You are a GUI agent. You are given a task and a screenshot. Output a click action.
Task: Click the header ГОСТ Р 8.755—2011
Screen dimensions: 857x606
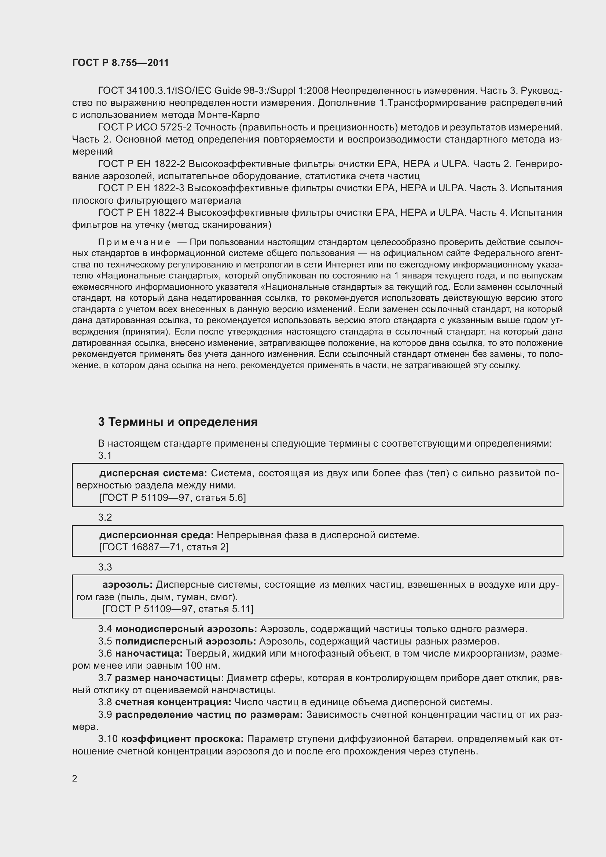(120, 63)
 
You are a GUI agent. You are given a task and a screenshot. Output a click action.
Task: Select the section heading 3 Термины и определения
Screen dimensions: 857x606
(178, 422)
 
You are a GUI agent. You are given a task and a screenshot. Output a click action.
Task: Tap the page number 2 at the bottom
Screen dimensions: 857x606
(75, 778)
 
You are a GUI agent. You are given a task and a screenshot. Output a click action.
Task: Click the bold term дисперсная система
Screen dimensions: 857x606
(153, 473)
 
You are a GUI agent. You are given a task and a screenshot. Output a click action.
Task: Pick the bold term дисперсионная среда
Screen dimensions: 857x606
(156, 535)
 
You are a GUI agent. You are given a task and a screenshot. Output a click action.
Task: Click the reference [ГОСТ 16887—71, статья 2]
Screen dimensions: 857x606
(164, 547)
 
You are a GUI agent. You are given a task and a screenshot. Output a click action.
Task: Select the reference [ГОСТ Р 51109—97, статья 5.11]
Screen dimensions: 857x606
(178, 609)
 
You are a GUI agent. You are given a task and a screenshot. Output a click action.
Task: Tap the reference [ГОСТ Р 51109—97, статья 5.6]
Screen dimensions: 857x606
(173, 498)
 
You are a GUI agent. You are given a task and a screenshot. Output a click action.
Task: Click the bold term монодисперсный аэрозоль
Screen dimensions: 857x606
(186, 629)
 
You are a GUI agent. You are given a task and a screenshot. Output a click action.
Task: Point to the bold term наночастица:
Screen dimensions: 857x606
(148, 654)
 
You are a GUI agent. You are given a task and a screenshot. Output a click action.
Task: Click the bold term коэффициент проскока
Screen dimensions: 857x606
(182, 739)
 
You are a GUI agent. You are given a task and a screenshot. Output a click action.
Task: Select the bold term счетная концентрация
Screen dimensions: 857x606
(173, 702)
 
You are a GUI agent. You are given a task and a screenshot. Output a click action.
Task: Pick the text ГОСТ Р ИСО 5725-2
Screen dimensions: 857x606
(145, 127)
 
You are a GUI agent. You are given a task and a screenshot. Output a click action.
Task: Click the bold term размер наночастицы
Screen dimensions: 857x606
(169, 678)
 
